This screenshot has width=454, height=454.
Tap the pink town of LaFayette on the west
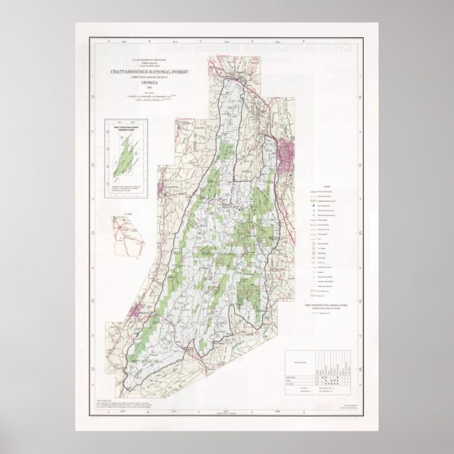169,185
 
